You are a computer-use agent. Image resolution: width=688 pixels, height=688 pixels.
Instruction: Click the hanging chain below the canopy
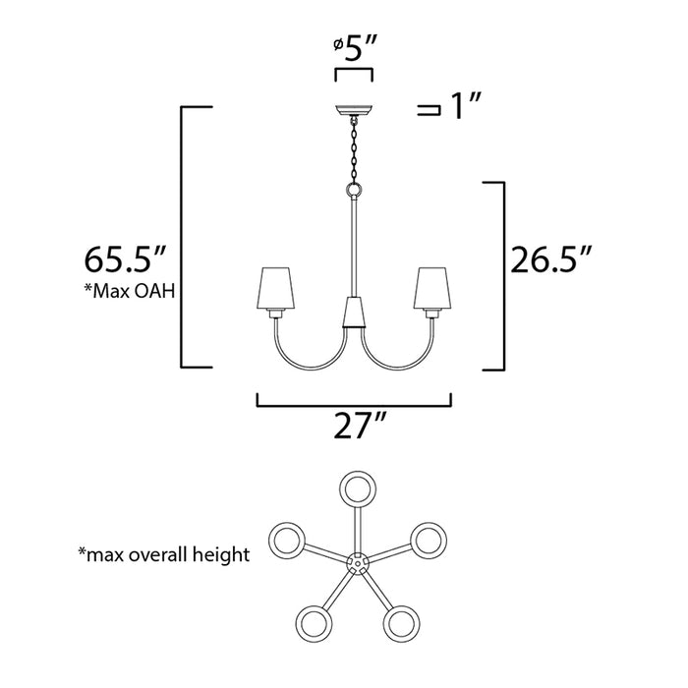[x=353, y=148]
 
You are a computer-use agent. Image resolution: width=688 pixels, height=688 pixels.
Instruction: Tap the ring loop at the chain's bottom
[x=353, y=190]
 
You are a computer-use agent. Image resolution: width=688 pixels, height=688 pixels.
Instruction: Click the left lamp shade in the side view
[x=276, y=286]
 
